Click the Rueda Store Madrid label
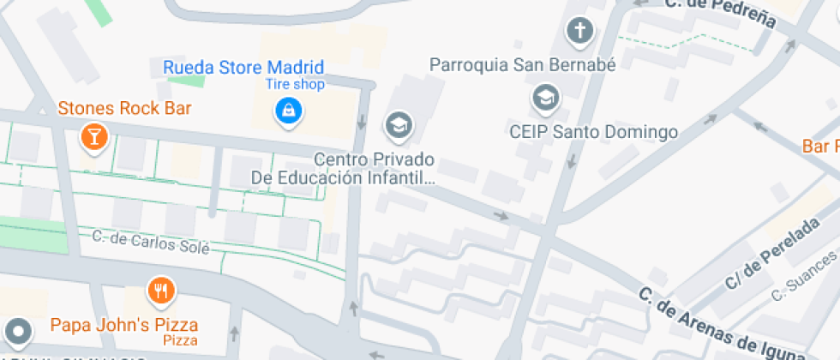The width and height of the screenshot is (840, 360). coord(243,67)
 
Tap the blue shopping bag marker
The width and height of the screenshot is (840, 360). coord(289,109)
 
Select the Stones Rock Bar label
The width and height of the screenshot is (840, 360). coord(124,109)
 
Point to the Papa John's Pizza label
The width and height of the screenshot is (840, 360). coord(124,325)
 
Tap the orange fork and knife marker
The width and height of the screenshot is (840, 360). coord(160,290)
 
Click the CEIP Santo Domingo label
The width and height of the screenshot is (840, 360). coord(593,132)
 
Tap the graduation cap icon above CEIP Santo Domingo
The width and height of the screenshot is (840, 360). coord(545,98)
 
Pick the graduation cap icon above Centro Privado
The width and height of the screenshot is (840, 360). coord(398,126)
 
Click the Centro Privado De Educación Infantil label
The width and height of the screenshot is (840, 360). coord(344,169)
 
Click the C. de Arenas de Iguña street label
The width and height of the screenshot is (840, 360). coord(722,324)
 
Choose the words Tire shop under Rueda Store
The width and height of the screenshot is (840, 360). coord(294,84)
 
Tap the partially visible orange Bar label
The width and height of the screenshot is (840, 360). coord(820,147)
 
